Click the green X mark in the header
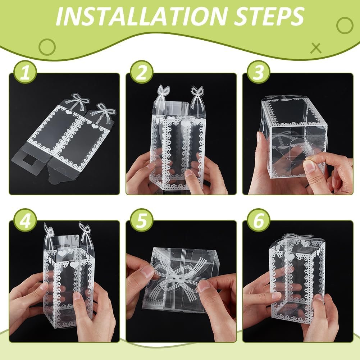pyautogui.click(x=316, y=48)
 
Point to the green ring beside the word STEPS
pyautogui.click(x=345, y=25)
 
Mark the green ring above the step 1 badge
pyautogui.click(x=47, y=47)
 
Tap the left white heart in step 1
pyautogui.click(x=69, y=113)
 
